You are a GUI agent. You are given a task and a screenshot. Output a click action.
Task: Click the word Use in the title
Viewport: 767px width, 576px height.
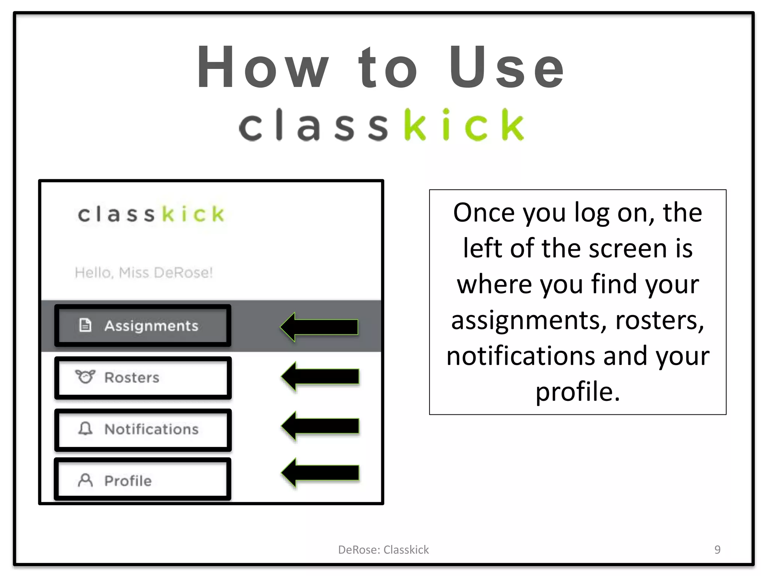pyautogui.click(x=506, y=67)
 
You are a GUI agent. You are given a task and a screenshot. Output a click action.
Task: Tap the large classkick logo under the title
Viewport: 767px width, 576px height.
pyautogui.click(x=381, y=125)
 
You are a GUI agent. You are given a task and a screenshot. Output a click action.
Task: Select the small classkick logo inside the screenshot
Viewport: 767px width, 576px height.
pyautogui.click(x=151, y=214)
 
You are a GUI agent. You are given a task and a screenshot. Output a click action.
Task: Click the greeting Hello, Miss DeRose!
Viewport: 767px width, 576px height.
pyautogui.click(x=144, y=273)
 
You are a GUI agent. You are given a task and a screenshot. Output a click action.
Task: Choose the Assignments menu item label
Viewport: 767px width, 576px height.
pyautogui.click(x=151, y=326)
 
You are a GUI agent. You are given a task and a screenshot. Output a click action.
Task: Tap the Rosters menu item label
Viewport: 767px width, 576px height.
pyautogui.click(x=132, y=378)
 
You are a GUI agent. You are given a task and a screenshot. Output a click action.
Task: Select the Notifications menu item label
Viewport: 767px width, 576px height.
pyautogui.click(x=151, y=429)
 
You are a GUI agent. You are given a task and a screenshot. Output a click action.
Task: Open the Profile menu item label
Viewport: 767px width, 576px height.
pyautogui.click(x=128, y=481)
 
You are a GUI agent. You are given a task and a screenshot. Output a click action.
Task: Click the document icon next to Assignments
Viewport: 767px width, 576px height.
pyautogui.click(x=85, y=325)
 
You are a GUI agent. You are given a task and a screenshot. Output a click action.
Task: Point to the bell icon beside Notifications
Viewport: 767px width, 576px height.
pyautogui.click(x=85, y=428)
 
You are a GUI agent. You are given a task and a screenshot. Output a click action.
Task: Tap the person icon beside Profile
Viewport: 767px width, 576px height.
pyautogui.click(x=85, y=480)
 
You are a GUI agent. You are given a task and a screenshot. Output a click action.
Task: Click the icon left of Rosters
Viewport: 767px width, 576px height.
pyautogui.click(x=85, y=376)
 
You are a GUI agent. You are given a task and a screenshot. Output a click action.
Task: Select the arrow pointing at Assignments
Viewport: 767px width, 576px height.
pyautogui.click(x=319, y=327)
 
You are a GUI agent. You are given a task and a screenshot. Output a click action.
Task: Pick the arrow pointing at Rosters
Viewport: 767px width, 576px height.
pyautogui.click(x=320, y=376)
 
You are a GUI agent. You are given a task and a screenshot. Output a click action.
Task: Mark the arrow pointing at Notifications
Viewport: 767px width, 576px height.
pyautogui.click(x=320, y=426)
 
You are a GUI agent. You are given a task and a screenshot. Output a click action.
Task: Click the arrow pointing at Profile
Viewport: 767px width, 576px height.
pyautogui.click(x=320, y=472)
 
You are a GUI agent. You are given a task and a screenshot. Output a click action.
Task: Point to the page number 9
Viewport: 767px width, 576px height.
pyautogui.click(x=717, y=549)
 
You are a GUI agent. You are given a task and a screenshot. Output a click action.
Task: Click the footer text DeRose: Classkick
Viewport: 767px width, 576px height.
pyautogui.click(x=383, y=550)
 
